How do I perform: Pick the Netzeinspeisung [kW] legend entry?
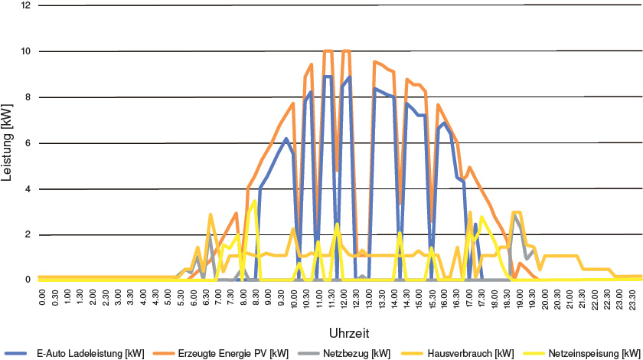coord(596,353)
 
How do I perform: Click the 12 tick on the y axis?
coord(26,5)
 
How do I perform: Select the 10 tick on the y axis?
coord(26,51)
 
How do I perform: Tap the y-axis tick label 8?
coord(28,97)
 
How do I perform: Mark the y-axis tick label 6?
coord(28,143)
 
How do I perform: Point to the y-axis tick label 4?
coord(28,189)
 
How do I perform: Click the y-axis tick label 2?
coord(28,234)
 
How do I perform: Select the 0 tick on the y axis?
coord(28,280)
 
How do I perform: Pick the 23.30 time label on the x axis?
coord(634,297)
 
